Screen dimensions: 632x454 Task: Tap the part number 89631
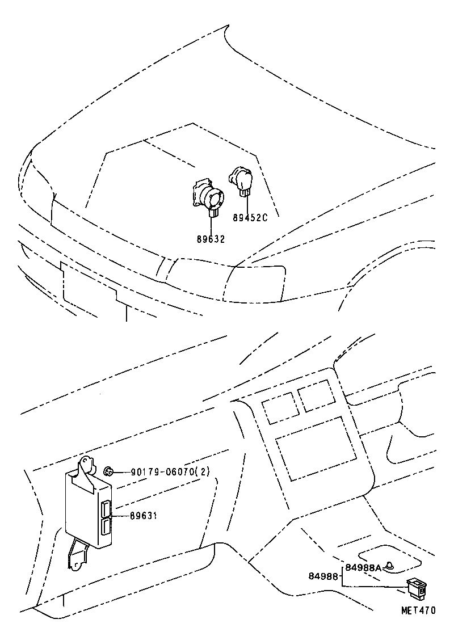click(x=143, y=516)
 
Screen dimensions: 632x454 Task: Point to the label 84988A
click(x=363, y=567)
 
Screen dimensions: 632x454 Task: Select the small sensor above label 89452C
click(x=241, y=180)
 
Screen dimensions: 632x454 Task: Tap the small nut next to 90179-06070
click(x=109, y=471)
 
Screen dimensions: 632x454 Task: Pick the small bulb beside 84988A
click(x=390, y=566)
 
